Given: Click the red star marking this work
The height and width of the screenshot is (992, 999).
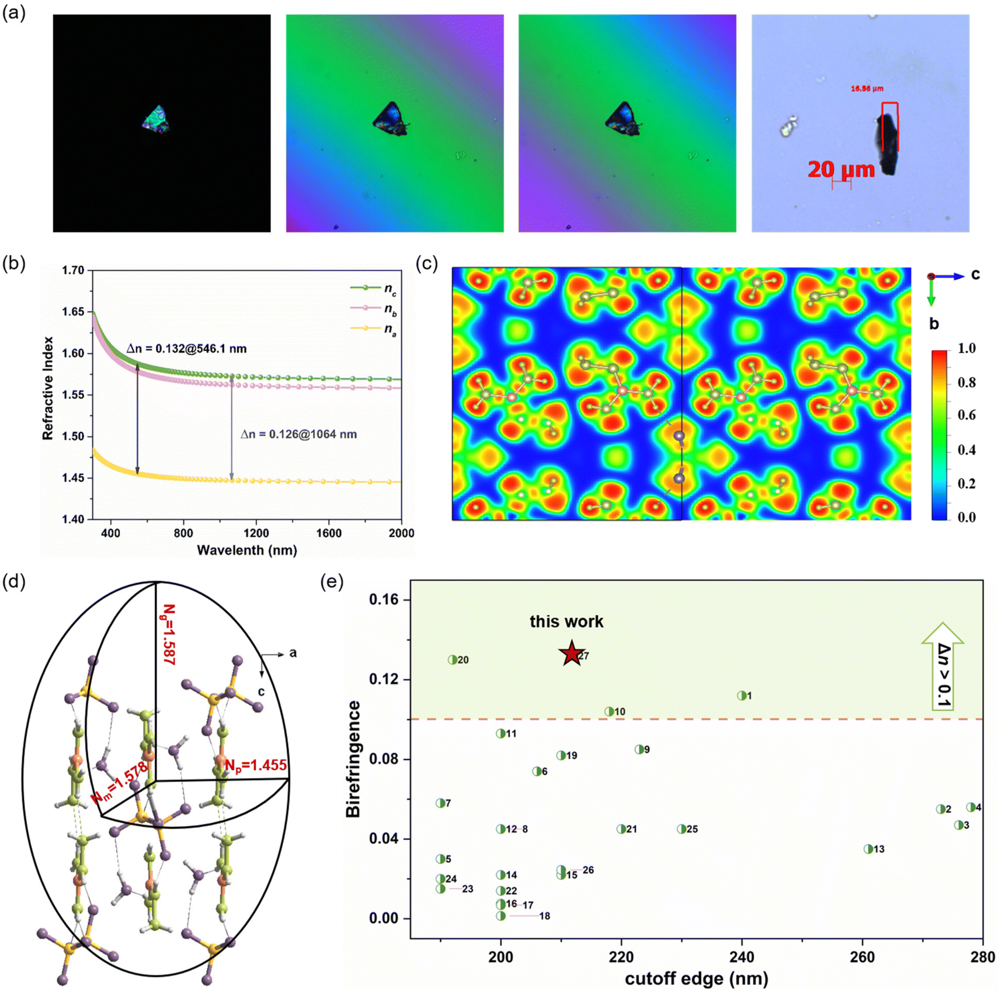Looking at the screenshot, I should [x=571, y=654].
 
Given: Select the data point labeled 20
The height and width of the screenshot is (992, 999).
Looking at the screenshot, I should [x=452, y=659].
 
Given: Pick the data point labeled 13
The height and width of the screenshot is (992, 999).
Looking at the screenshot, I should [x=869, y=849].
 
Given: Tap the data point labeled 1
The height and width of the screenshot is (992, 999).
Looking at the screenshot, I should [x=741, y=696].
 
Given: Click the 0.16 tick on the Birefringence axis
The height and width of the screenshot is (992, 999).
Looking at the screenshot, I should [x=384, y=599].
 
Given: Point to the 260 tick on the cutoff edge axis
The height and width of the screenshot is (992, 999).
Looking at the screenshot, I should [x=863, y=957].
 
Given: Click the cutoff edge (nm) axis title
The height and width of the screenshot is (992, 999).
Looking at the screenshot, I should [x=696, y=979].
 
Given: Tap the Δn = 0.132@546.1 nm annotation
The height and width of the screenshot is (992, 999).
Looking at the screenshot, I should [x=187, y=349].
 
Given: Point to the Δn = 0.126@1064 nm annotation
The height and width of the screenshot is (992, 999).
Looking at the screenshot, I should [x=299, y=434].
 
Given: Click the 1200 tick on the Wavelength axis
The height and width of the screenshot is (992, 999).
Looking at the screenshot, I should [x=256, y=533].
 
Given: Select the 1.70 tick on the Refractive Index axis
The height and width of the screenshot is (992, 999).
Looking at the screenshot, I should [x=73, y=270].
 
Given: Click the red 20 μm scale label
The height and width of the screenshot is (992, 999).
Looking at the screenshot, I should [x=841, y=170].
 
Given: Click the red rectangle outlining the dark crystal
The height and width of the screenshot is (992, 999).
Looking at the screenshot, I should [x=890, y=127].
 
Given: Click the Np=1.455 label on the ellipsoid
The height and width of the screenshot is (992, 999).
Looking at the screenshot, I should [x=255, y=765].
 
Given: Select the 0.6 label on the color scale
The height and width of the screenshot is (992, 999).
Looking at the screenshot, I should [x=966, y=416].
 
